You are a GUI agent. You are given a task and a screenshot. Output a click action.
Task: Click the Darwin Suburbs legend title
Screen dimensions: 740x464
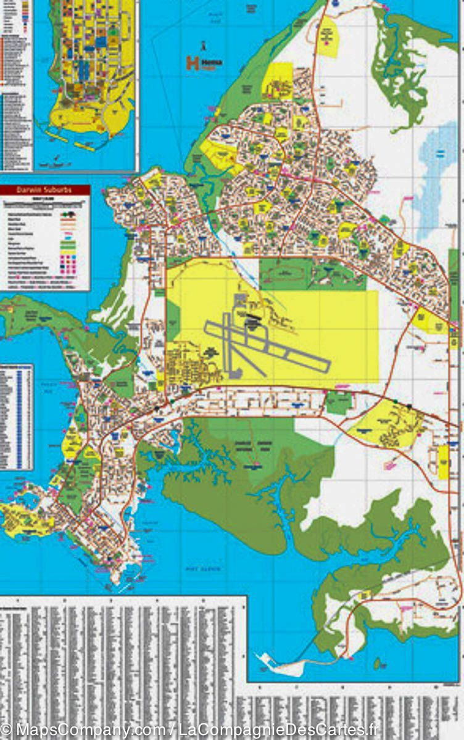(x=45, y=190)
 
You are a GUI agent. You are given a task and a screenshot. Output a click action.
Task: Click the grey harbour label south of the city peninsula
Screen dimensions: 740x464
(x=204, y=569)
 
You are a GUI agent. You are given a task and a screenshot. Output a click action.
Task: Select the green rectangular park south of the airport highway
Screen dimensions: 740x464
(x=338, y=402)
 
